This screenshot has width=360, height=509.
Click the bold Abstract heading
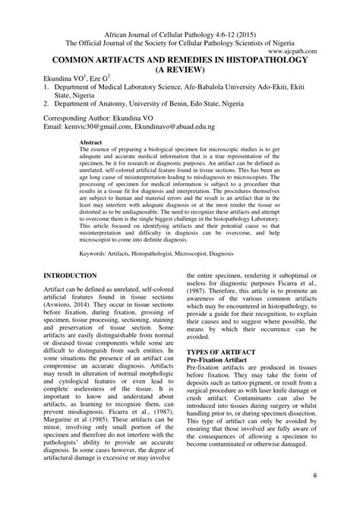90,142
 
